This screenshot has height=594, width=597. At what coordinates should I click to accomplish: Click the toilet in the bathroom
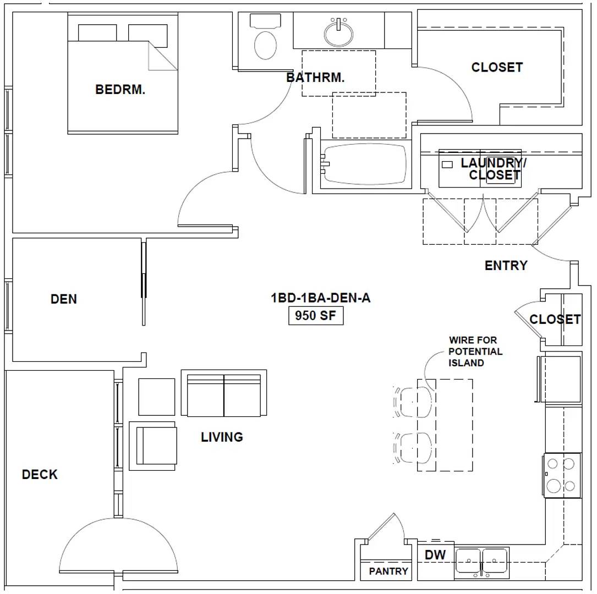tap(265, 36)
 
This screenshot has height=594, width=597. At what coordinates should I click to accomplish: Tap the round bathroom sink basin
tap(338, 33)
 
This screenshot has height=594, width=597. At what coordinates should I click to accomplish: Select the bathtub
tap(365, 164)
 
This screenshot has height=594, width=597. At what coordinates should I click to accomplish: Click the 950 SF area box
tap(316, 316)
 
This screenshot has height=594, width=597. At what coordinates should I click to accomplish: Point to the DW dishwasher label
tap(435, 555)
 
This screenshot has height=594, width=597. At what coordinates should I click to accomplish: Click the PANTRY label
tap(388, 571)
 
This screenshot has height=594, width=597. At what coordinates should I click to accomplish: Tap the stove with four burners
tap(562, 475)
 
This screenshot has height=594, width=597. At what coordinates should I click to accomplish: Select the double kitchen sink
tap(482, 563)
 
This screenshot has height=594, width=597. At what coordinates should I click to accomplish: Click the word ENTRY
tap(506, 265)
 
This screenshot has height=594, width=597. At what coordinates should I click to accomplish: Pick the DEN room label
tap(64, 299)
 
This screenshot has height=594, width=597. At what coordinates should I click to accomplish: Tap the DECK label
tap(40, 474)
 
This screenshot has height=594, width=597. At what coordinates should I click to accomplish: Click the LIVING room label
tap(222, 437)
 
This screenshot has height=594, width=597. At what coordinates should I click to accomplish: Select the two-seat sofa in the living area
tap(224, 393)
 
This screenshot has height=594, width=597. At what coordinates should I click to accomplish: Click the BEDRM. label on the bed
tap(120, 90)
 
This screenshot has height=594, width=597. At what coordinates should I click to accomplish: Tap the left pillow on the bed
tap(97, 33)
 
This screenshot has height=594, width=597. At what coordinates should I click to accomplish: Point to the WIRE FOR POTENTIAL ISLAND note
tap(475, 351)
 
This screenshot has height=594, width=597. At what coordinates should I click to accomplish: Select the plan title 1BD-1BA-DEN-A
tap(320, 298)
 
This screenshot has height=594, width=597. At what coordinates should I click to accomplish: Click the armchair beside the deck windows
tap(152, 446)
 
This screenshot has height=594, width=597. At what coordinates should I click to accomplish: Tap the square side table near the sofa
tap(156, 397)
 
